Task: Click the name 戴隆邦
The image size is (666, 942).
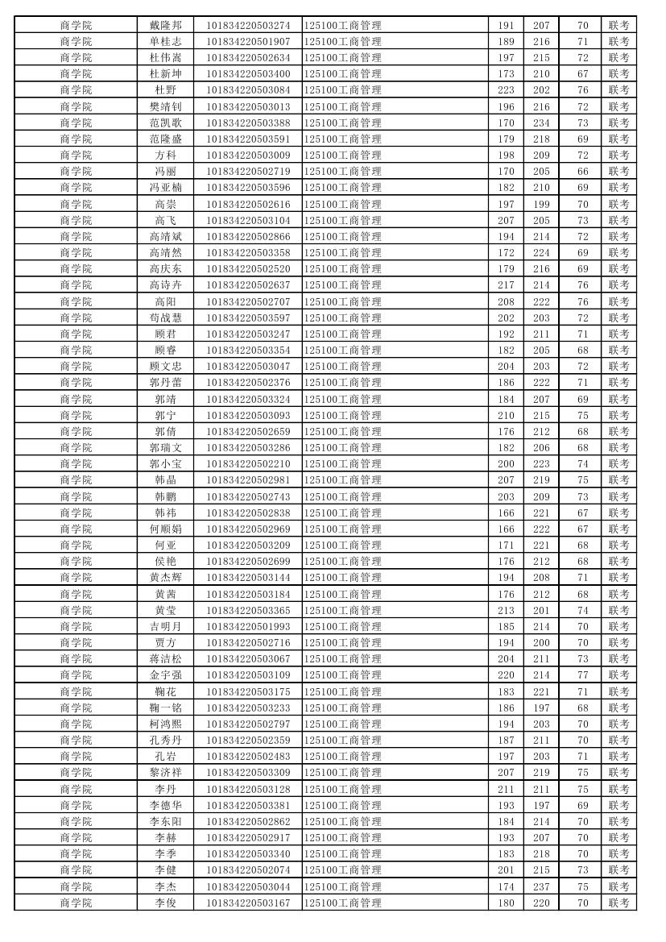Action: [165, 25]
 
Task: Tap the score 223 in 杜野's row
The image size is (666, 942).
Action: [506, 90]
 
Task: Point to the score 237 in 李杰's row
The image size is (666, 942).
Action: [541, 886]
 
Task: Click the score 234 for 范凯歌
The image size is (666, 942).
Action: [541, 122]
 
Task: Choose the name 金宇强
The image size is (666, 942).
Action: [165, 675]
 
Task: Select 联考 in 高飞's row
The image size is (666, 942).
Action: [618, 220]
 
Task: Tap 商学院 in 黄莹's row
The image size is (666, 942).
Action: [76, 610]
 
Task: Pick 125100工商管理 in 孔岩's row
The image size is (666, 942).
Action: [343, 757]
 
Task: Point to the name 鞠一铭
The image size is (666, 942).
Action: [165, 708]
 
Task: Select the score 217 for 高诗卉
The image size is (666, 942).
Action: [506, 285]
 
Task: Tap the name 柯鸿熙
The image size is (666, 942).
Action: [165, 724]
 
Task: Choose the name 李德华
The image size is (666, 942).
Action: [165, 805]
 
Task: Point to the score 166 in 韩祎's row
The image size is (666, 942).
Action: [506, 512]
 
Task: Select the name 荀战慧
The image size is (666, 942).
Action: [165, 317]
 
